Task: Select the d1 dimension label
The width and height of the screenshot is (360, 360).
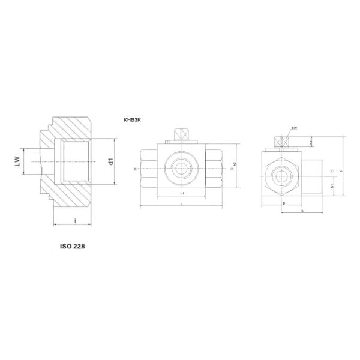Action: click(111, 161)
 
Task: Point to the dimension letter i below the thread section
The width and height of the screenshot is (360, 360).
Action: click(74, 221)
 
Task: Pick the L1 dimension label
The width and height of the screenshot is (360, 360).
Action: click(182, 194)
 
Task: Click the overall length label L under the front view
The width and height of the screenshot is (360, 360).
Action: click(182, 204)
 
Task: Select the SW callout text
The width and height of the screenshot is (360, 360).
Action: click(295, 128)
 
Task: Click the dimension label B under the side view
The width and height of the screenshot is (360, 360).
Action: click(283, 203)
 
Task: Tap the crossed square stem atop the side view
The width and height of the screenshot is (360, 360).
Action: click(278, 142)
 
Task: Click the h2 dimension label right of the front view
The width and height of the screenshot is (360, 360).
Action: click(235, 164)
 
